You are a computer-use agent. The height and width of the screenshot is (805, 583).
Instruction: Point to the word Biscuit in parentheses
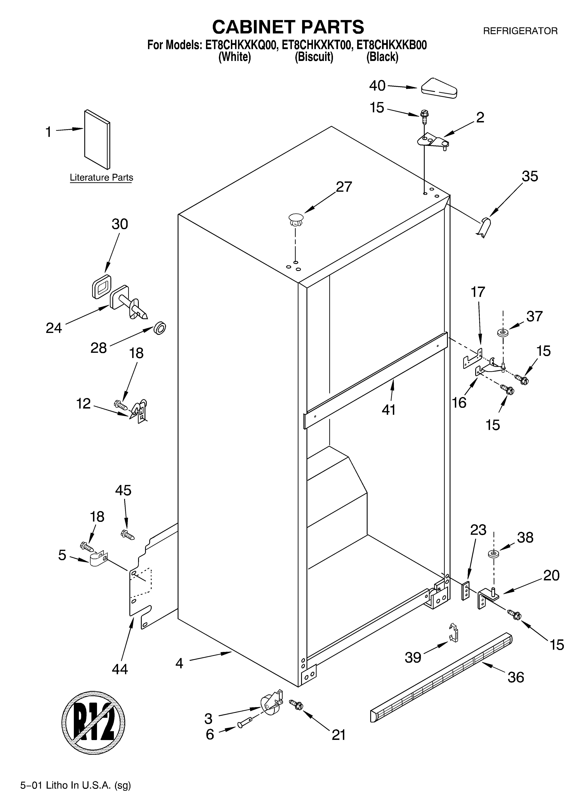click(x=314, y=57)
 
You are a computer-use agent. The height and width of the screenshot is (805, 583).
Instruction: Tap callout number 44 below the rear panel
click(x=120, y=669)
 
